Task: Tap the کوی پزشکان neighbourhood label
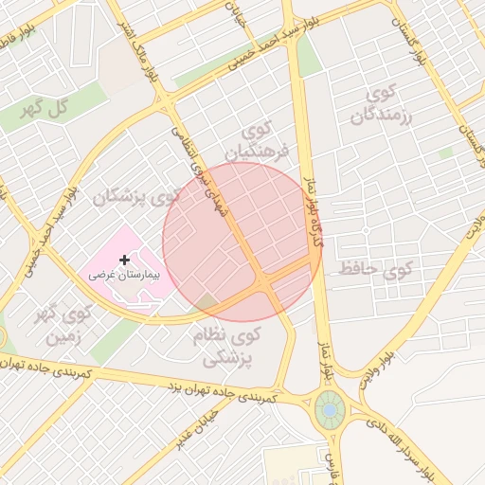point(135,198)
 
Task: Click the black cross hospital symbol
point(124,259)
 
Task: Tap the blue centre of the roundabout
point(330,409)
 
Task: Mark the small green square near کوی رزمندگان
point(446,153)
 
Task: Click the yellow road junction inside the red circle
point(266,281)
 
